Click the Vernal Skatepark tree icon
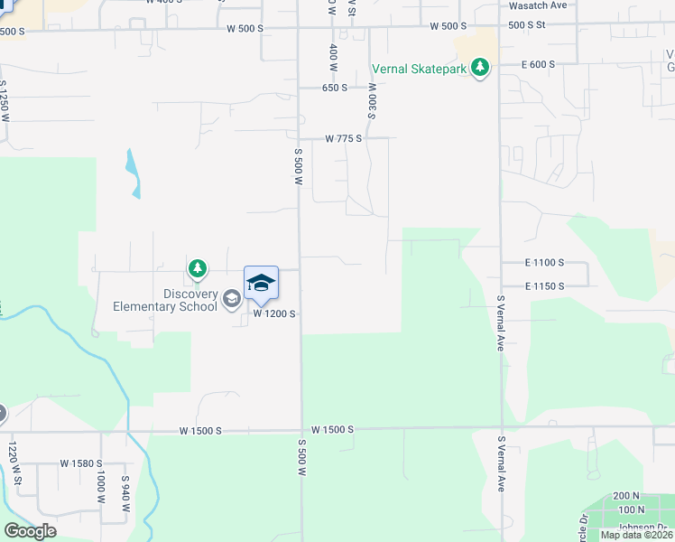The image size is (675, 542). tap(481, 68)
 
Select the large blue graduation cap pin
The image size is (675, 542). tap(261, 283)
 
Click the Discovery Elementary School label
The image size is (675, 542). tap(165, 300)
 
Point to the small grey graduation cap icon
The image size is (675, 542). tap(232, 299)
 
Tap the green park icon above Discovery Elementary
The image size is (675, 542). tap(198, 268)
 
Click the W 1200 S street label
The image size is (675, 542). tap(274, 313)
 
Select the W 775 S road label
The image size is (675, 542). tap(343, 138)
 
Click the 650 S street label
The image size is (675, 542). tap(335, 89)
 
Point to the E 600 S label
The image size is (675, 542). tap(538, 65)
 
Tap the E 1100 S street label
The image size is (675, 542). tap(544, 262)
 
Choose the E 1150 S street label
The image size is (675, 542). tap(544, 286)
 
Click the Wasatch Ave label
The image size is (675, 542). tap(538, 5)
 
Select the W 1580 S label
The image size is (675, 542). tap(81, 463)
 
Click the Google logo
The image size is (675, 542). tap(30, 531)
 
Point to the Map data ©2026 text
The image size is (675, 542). tap(635, 535)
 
